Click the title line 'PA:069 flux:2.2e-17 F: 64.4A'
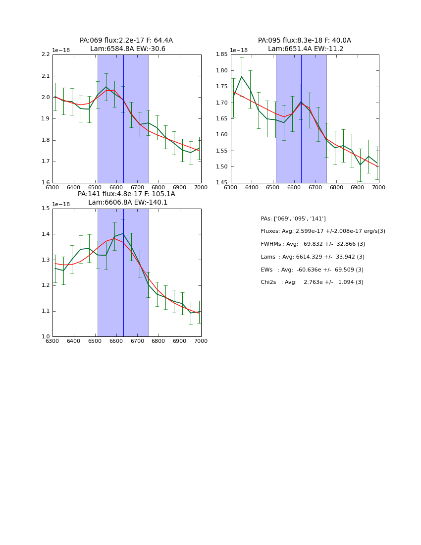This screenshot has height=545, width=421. tap(126, 41)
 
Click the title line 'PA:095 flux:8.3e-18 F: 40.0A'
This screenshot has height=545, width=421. tap(304, 41)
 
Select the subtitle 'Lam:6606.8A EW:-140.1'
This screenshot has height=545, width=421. tap(128, 203)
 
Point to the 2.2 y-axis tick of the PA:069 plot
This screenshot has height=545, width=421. tap(46, 54)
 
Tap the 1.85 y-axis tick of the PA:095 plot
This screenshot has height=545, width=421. tap(222, 54)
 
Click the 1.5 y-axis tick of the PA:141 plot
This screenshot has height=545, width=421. tap(46, 209)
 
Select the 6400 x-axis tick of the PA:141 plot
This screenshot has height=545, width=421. tap(74, 341)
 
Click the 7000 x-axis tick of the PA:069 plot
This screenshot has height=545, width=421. tap(201, 188)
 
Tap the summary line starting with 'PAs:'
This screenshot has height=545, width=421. tap(293, 219)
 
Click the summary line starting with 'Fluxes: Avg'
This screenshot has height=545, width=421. tap(322, 231)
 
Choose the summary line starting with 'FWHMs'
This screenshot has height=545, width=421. tap(313, 244)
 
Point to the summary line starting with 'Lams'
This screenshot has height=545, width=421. tap(312, 257)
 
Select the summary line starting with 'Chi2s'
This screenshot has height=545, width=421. tap(312, 282)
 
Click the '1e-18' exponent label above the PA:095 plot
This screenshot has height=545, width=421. tap(239, 51)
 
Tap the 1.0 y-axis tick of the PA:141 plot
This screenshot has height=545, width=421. tap(46, 337)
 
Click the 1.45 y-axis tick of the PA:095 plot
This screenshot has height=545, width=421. tap(222, 183)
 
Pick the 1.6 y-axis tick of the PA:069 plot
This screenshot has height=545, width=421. tap(46, 183)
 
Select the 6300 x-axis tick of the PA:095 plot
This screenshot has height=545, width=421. tap(231, 188)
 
